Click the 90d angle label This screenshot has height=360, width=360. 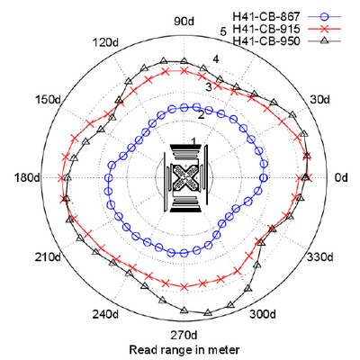point(184,22)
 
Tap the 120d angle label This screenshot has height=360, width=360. point(104,42)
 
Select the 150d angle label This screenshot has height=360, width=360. point(49,99)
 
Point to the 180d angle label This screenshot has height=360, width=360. point(27,177)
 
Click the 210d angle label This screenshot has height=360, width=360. point(48,257)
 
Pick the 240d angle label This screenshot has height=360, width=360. point(105,314)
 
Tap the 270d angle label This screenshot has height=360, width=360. point(184,335)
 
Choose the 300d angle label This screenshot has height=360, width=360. point(263,314)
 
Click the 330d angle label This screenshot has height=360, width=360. point(319,257)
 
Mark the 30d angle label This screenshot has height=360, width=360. point(319,99)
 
